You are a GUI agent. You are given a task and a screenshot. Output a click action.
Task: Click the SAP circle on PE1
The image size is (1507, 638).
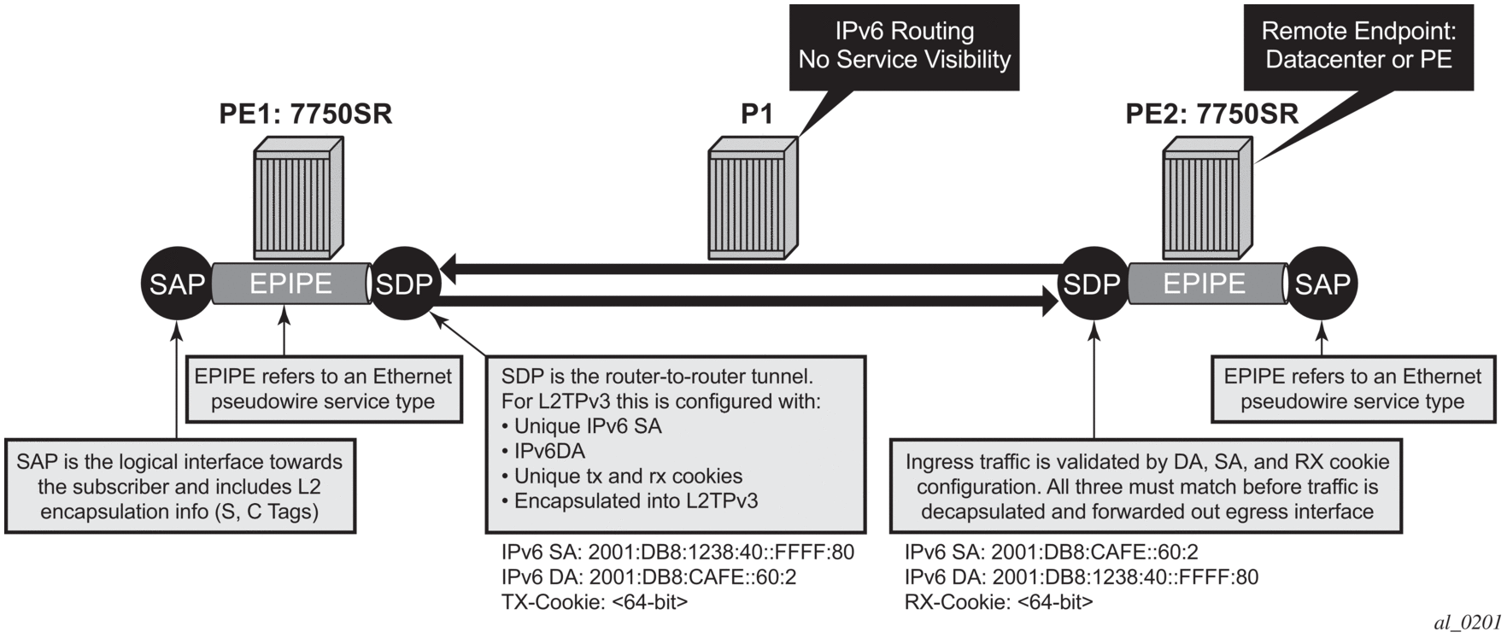point(177,284)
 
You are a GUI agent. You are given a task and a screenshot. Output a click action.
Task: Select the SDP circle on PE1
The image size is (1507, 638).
point(404,284)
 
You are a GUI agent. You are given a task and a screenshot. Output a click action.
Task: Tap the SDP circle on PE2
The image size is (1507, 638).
point(1093,284)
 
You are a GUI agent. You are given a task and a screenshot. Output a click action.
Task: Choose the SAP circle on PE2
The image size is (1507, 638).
point(1322,284)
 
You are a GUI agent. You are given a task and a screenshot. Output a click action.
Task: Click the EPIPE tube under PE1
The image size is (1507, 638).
point(290,284)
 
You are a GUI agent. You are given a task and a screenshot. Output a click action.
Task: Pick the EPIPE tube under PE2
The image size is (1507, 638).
point(1205,284)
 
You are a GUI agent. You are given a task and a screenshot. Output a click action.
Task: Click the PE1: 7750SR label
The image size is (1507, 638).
point(305,114)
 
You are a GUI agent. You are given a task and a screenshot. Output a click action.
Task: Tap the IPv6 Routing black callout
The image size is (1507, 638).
point(904,46)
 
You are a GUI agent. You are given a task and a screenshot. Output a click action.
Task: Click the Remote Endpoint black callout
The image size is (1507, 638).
point(1358,46)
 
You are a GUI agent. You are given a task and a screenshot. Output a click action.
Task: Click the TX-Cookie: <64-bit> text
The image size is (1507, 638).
point(594,602)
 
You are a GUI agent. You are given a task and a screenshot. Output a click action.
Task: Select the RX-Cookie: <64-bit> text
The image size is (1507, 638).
point(998,602)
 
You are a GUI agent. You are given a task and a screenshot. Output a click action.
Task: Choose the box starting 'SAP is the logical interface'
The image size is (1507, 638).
point(179,487)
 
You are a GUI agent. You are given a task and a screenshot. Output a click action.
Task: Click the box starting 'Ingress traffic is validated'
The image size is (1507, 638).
point(1146,487)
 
